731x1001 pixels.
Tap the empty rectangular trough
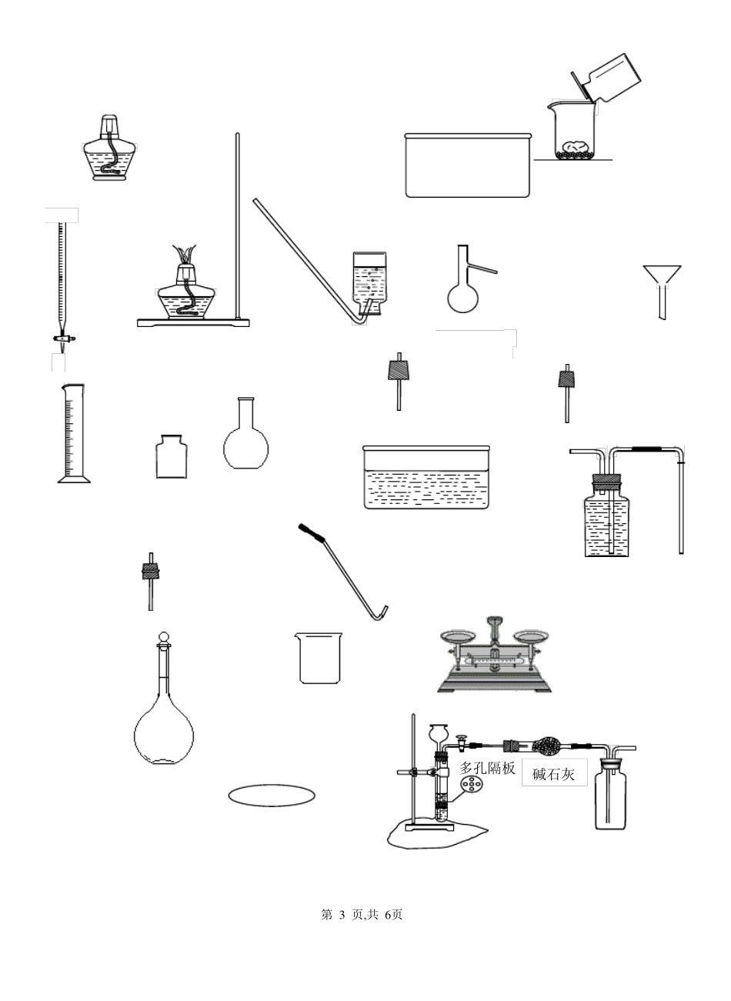point(468,165)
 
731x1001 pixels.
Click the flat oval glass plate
point(272,796)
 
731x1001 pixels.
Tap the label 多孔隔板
point(487,767)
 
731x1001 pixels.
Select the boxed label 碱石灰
point(554,774)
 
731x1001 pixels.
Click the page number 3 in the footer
point(342,915)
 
